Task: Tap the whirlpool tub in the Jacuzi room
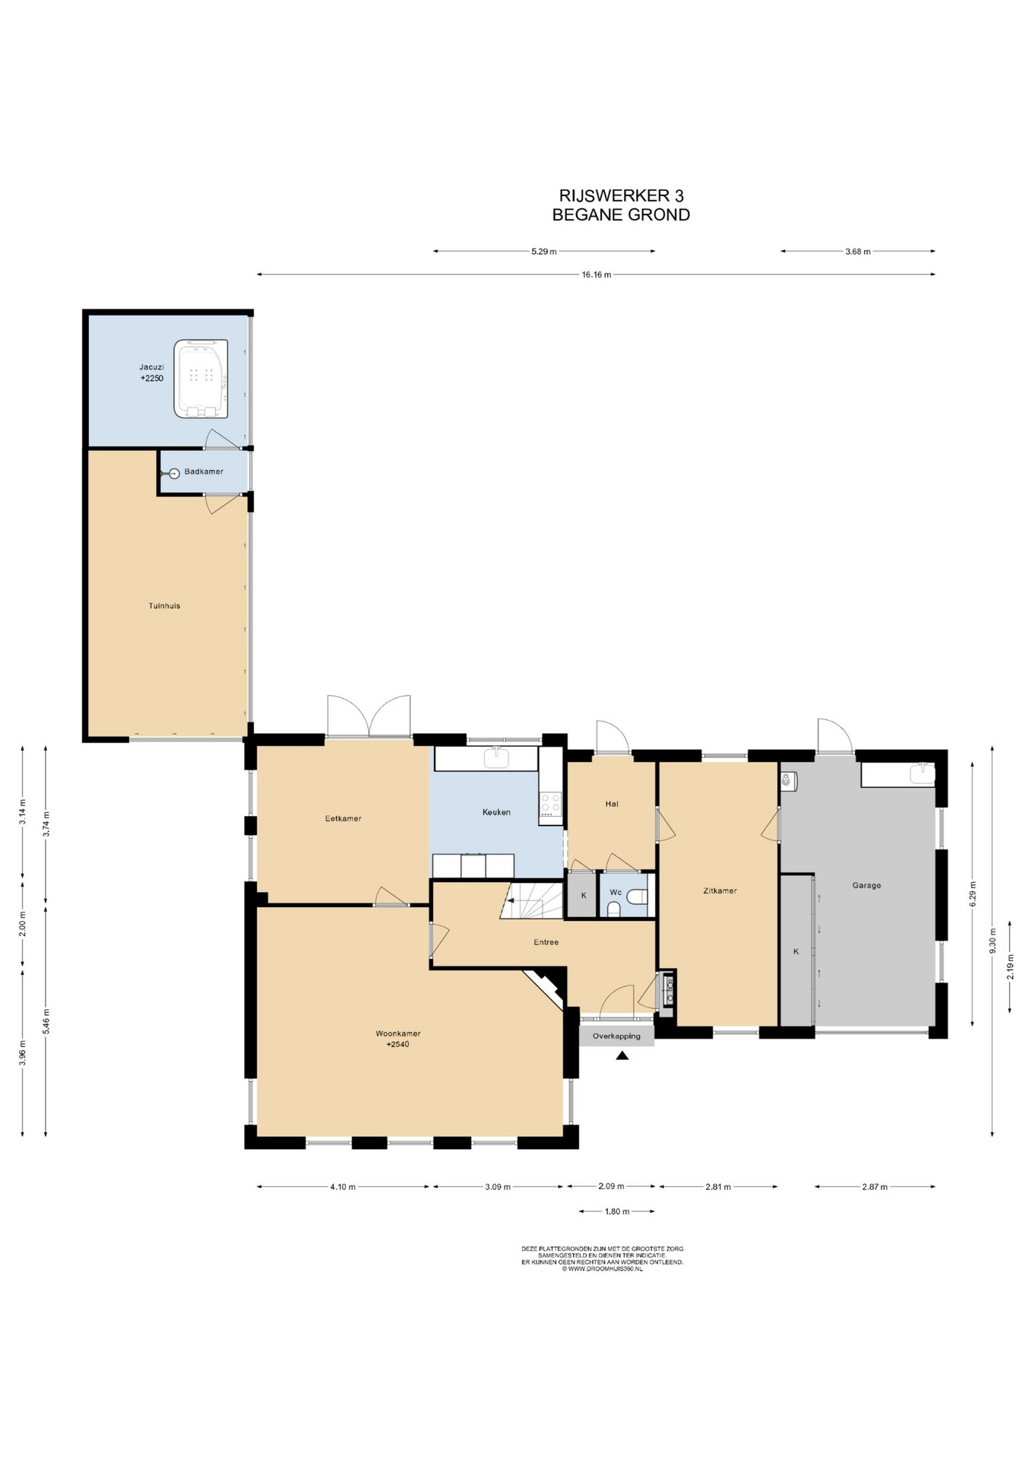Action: [201, 379]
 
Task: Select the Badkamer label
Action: [204, 471]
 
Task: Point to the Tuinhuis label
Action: [164, 606]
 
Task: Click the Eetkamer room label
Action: [343, 819]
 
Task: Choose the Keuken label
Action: [496, 812]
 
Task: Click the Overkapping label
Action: [616, 1036]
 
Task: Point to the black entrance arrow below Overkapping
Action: [622, 1055]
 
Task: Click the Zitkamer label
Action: [720, 890]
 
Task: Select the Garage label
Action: [866, 885]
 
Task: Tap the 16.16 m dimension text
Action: [597, 275]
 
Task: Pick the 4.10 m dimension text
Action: [343, 1187]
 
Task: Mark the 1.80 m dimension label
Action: [617, 1211]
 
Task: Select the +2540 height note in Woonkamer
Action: [397, 1044]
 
